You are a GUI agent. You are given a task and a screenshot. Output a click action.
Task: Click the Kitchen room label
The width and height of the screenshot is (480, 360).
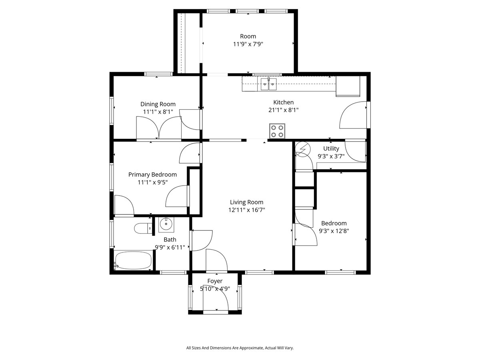283,102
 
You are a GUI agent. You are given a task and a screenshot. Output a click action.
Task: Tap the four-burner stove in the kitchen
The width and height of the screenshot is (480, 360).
277,131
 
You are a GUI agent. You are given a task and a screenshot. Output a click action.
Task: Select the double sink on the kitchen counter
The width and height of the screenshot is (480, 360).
268,84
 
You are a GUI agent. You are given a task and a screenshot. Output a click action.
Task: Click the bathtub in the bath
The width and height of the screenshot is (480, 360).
133,260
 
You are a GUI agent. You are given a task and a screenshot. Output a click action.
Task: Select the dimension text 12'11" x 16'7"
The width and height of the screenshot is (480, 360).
247,210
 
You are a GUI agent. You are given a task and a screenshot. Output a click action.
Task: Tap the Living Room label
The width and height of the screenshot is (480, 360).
246,202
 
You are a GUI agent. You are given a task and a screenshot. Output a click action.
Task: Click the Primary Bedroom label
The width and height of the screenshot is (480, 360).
152,174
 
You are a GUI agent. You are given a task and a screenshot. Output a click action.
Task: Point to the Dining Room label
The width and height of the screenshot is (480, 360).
158,104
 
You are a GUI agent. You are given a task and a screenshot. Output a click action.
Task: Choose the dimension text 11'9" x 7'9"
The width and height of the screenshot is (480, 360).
248,44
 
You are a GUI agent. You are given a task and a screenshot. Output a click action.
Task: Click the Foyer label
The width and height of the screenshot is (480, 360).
215,281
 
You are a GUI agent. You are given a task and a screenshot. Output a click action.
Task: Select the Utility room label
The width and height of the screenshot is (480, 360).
331,148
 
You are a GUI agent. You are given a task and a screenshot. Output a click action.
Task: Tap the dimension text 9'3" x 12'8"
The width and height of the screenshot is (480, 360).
334,231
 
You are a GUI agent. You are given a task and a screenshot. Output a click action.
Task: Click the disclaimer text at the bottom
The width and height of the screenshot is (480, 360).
240,348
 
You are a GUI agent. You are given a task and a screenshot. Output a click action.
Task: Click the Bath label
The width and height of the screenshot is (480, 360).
170,240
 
